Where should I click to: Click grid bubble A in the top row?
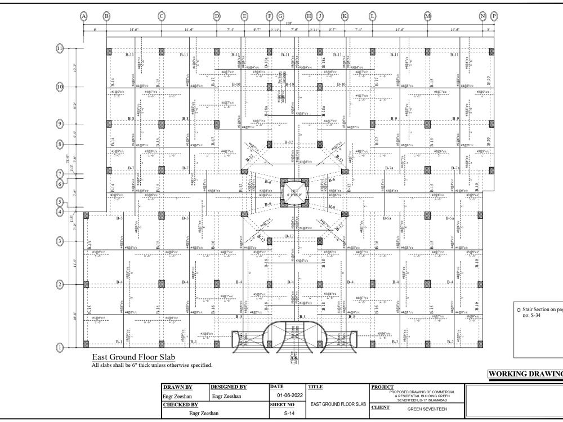coord(84,16)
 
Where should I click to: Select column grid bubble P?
coord(494,16)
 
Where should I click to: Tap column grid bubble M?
coord(428,16)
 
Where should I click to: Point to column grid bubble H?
coord(309,16)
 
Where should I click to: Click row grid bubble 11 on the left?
coord(60,48)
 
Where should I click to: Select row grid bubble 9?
coord(60,123)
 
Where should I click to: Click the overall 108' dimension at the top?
coord(289,24)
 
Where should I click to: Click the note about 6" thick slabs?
coord(151,366)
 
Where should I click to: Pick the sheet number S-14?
coord(287,413)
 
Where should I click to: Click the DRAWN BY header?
coord(178,388)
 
